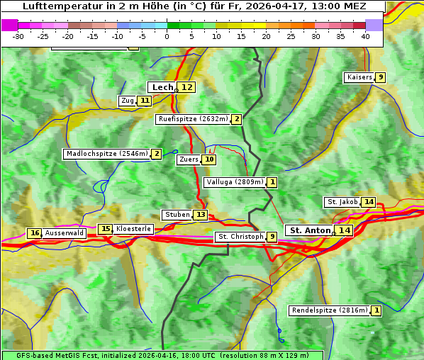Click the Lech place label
click(x=162, y=87)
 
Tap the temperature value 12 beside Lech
click(x=186, y=87)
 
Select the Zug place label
click(x=128, y=101)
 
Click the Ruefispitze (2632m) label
click(x=193, y=119)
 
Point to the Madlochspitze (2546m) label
click(x=106, y=154)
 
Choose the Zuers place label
click(x=189, y=159)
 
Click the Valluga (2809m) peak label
click(x=235, y=182)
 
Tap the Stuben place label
click(x=177, y=215)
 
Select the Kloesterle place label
click(x=133, y=229)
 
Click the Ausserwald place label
click(x=65, y=233)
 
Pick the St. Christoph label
click(x=240, y=237)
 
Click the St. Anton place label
click(x=310, y=230)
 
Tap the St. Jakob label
click(x=342, y=202)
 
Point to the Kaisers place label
click(x=359, y=77)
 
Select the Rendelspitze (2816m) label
click(x=330, y=310)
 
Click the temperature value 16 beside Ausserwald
click(x=34, y=233)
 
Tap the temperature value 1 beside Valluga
click(x=272, y=182)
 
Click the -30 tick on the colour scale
click(x=18, y=36)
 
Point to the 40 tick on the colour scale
click(x=365, y=36)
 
